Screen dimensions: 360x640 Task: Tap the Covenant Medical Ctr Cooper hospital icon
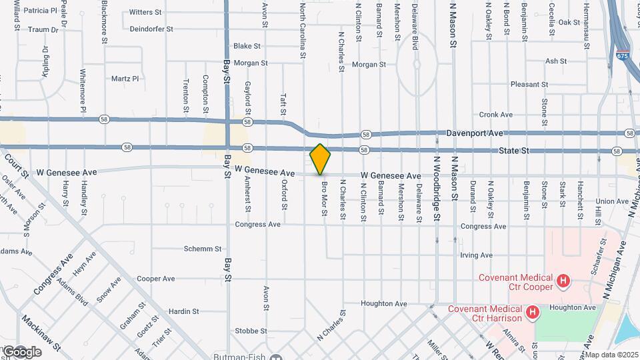(x=564, y=282)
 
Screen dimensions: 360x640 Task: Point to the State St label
(x=514, y=151)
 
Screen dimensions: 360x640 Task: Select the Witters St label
(x=145, y=12)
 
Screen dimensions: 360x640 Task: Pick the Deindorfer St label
(x=151, y=29)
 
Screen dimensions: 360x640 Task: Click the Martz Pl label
(x=125, y=79)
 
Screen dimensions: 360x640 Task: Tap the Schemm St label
(x=202, y=249)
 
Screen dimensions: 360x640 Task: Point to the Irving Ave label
(x=476, y=255)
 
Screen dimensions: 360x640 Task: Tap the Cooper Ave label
(x=155, y=279)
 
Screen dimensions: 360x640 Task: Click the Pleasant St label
(x=529, y=85)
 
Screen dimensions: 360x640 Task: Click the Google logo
(x=22, y=351)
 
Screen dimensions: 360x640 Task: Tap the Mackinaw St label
(x=41, y=333)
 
